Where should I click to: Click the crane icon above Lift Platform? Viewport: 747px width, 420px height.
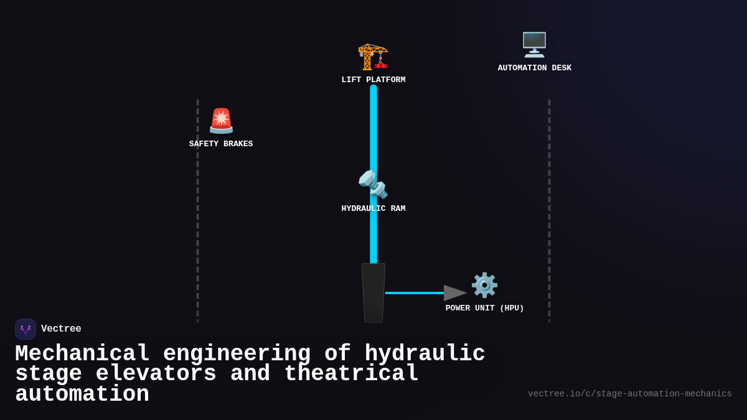pyautogui.click(x=373, y=57)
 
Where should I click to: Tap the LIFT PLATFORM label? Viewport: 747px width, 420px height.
pyautogui.click(x=373, y=80)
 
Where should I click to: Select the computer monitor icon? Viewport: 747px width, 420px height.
pyautogui.click(x=534, y=45)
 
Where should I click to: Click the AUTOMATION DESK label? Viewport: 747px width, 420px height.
pyautogui.click(x=534, y=68)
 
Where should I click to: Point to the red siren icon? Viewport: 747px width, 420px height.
pyautogui.click(x=221, y=121)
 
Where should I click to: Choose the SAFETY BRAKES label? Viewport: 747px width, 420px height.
pyautogui.click(x=221, y=144)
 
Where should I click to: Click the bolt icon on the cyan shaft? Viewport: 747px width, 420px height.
pyautogui.click(x=373, y=185)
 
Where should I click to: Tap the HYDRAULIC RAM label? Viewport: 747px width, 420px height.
pyautogui.click(x=373, y=208)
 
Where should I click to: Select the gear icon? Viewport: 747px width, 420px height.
pyautogui.click(x=484, y=285)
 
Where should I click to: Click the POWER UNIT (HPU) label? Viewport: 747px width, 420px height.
pyautogui.click(x=484, y=308)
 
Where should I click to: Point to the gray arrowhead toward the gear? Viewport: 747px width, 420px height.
pyautogui.click(x=454, y=293)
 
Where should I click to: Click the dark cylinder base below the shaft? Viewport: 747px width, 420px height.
pyautogui.click(x=374, y=293)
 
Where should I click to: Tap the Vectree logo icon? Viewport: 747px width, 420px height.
pyautogui.click(x=26, y=329)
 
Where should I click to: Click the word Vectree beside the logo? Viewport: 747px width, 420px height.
pyautogui.click(x=61, y=329)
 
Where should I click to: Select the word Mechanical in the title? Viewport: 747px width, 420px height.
pyautogui.click(x=82, y=353)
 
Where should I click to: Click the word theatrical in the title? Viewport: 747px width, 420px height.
pyautogui.click(x=351, y=374)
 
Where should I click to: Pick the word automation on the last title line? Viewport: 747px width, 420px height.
pyautogui.click(x=82, y=394)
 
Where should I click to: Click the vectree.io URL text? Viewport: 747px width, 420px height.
pyautogui.click(x=629, y=394)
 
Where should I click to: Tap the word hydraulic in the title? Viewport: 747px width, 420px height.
pyautogui.click(x=425, y=353)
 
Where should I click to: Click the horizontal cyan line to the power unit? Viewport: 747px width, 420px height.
pyautogui.click(x=414, y=293)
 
